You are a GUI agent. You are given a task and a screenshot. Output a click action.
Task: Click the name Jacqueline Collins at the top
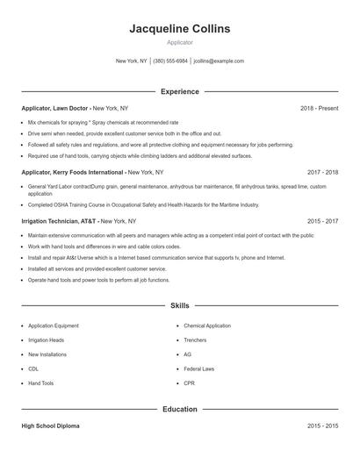point(179,29)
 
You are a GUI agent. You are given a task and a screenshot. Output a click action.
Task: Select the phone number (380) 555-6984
point(170,61)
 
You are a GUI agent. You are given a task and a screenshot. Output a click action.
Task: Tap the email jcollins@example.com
point(219,61)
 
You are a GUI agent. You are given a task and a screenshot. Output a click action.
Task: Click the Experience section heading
point(179,91)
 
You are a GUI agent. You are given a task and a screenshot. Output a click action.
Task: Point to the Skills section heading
point(179,306)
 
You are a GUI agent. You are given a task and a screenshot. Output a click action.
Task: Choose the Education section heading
point(179,409)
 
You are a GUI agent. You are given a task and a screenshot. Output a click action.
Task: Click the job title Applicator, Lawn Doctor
point(55,108)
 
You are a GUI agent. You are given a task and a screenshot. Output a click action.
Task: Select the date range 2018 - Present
point(319,108)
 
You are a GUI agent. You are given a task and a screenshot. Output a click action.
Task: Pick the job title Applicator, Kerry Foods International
point(74,173)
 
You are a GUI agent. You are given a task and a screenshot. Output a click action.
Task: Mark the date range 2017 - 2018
point(323,173)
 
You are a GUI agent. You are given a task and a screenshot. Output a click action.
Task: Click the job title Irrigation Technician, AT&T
point(59,222)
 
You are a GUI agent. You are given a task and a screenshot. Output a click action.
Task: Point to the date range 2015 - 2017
point(323,222)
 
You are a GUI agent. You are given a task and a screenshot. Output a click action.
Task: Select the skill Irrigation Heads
point(46,340)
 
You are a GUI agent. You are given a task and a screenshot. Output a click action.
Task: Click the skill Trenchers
point(195,340)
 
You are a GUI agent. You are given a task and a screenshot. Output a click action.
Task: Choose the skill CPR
point(189,383)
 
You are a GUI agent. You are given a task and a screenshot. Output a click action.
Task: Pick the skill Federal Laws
point(198,368)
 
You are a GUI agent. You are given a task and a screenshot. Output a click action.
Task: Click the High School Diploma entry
point(50,426)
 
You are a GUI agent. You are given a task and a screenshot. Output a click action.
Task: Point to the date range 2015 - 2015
point(323,426)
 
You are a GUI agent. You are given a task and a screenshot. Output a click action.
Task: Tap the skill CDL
point(33,368)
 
